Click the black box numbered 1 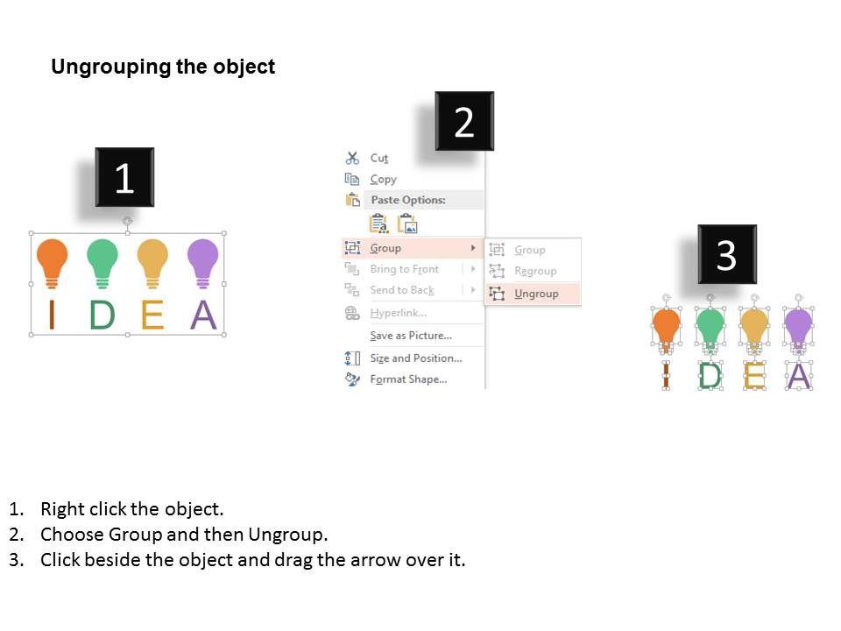[x=124, y=178]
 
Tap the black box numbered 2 [x=464, y=122]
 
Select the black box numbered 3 [x=726, y=254]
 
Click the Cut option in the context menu [x=378, y=158]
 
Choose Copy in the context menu [x=383, y=179]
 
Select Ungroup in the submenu [x=536, y=294]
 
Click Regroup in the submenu [x=535, y=271]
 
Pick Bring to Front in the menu [x=404, y=269]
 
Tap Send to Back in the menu [x=401, y=290]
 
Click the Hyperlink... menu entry [x=398, y=313]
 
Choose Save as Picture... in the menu [x=410, y=336]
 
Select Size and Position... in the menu [x=415, y=358]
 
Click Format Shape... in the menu [x=408, y=379]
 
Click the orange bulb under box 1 [x=52, y=260]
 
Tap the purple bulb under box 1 [x=202, y=260]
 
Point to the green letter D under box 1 [x=102, y=315]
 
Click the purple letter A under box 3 [x=798, y=375]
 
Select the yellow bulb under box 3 [x=753, y=327]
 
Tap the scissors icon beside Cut [x=352, y=158]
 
